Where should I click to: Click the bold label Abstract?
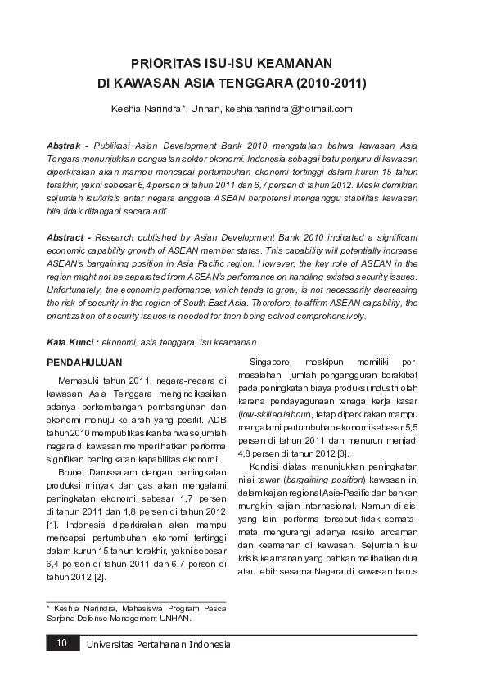pos(65,236)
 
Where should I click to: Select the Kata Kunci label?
pos(67,340)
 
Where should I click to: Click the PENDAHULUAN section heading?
pos(85,361)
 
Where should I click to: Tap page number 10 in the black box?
pos(61,645)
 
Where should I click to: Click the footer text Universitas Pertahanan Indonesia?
pos(158,645)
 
